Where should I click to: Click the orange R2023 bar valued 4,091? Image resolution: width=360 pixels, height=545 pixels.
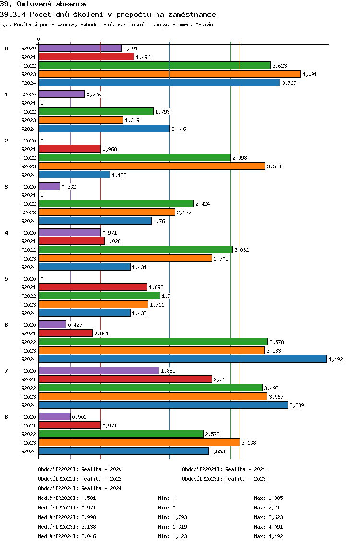(169, 74)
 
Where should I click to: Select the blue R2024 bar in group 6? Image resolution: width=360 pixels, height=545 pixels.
(182, 359)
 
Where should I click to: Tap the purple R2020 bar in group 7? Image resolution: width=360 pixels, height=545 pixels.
(99, 370)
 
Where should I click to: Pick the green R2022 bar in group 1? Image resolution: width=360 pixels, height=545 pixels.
(96, 111)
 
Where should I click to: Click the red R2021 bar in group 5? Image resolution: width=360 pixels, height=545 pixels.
(93, 287)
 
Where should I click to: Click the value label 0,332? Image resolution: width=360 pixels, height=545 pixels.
(69, 187)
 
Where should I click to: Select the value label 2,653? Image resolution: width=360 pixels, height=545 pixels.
(218, 451)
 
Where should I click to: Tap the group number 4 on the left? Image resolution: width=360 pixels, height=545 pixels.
(6, 233)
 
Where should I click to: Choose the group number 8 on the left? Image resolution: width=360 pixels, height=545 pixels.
(6, 417)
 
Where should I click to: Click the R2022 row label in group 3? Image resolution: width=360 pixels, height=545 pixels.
(28, 204)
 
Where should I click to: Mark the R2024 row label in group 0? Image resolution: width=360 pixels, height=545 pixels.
(28, 83)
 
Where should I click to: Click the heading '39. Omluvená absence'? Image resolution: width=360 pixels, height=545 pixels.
(43, 4)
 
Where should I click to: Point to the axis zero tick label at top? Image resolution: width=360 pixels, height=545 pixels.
(39, 39)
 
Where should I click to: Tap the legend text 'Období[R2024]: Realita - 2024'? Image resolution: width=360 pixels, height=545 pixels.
(80, 488)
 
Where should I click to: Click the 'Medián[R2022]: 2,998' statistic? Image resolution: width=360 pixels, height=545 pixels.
(67, 517)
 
